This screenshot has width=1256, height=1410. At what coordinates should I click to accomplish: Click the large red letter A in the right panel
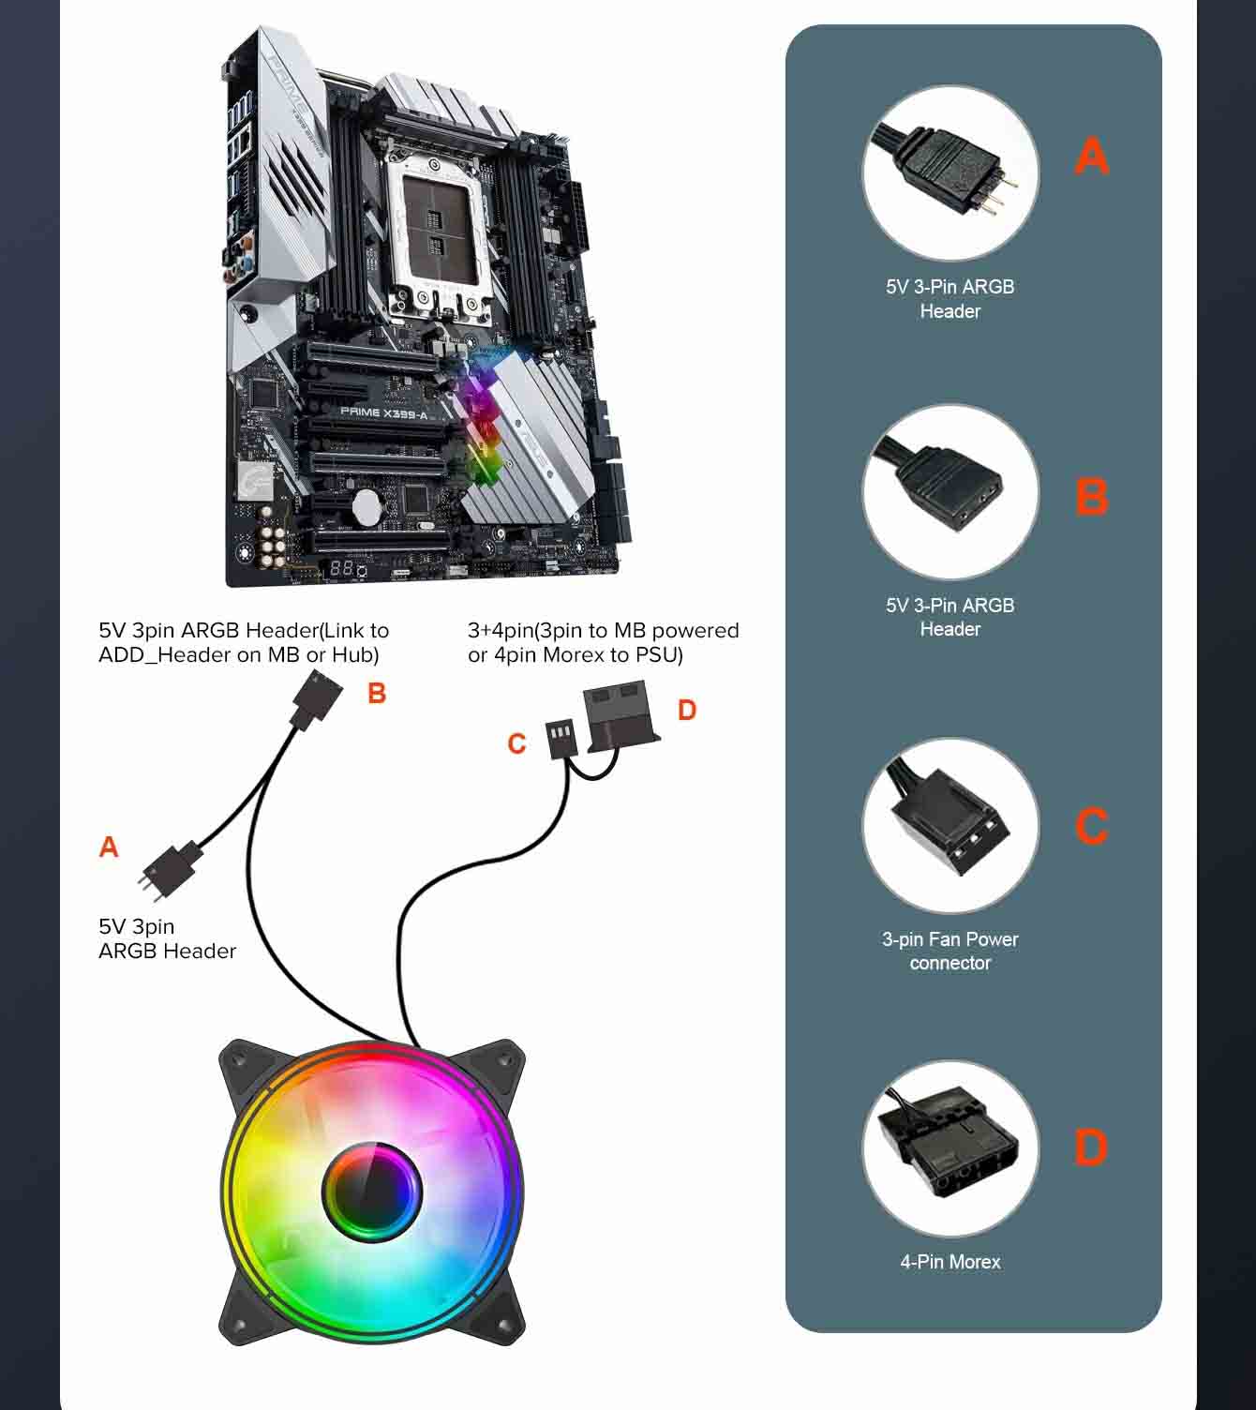[1092, 157]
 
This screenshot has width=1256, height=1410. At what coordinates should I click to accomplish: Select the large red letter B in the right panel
[1092, 497]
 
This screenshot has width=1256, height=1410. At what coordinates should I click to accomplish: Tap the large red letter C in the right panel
[1092, 826]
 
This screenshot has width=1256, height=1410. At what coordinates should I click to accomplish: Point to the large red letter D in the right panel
[1091, 1147]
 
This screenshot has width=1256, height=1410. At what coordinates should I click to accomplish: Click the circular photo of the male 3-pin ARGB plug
[950, 175]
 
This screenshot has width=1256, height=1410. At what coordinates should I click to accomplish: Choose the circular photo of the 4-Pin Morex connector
[950, 1147]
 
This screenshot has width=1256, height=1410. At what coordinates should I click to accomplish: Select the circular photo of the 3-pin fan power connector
[950, 826]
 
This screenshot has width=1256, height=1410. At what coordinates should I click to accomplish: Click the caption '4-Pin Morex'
[950, 1262]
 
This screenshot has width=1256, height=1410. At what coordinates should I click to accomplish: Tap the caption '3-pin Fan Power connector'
[950, 951]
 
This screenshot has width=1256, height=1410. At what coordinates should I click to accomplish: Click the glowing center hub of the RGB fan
[372, 1192]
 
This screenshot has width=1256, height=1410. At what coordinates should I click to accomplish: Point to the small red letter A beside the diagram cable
[109, 847]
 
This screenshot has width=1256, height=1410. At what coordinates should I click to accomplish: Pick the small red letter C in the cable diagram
[516, 743]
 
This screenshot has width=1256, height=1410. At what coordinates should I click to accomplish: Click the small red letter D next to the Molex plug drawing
[687, 711]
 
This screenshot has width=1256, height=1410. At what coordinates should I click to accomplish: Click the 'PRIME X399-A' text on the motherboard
[383, 412]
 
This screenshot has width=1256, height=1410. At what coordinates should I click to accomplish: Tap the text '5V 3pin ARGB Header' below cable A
[167, 938]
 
